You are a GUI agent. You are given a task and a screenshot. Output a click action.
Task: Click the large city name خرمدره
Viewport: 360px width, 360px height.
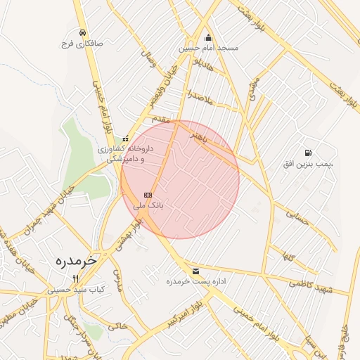tap(77, 260)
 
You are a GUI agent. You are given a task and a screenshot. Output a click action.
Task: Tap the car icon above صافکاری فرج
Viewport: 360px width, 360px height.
tap(83, 33)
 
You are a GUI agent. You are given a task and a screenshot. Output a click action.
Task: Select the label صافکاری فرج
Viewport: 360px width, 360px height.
tap(83, 44)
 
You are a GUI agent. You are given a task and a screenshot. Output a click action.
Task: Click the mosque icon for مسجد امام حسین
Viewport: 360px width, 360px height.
tap(207, 38)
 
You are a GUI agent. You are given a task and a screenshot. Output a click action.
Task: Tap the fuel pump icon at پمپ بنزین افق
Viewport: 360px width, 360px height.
tap(307, 153)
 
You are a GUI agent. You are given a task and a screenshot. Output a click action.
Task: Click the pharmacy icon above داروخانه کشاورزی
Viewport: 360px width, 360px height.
tap(126, 139)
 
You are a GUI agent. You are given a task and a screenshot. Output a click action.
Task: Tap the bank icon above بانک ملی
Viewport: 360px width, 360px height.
tap(148, 195)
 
